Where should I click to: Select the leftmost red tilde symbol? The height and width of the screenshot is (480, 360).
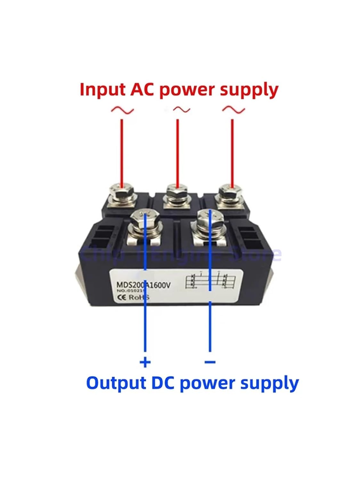point(122,110)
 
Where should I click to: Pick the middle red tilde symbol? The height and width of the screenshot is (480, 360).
point(181,110)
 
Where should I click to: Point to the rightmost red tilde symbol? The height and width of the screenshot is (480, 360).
point(233,110)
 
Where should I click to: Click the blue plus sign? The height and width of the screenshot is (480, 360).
point(145,362)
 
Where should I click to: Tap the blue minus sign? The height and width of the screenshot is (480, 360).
point(210,362)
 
